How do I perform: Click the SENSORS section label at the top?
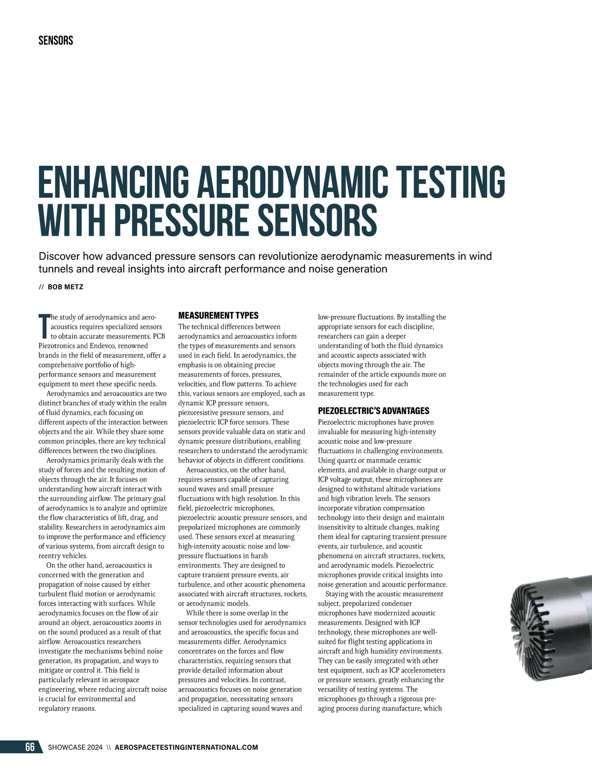click(56, 40)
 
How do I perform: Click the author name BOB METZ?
click(66, 287)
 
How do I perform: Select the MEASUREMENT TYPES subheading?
click(218, 316)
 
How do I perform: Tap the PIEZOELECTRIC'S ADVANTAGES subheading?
click(373, 411)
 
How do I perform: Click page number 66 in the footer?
click(30, 747)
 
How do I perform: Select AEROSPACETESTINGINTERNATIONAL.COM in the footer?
click(186, 747)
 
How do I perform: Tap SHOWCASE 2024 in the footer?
click(75, 747)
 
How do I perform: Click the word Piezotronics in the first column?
click(56, 346)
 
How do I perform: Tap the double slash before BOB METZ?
click(41, 287)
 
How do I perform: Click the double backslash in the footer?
click(109, 747)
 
